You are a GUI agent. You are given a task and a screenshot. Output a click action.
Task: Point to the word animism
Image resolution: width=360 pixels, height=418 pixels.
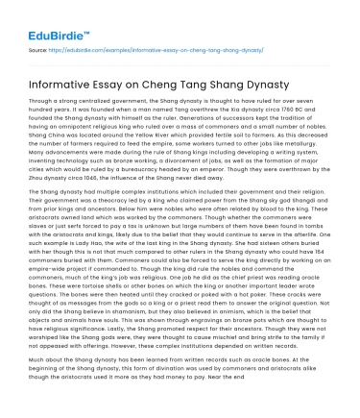[244, 315]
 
